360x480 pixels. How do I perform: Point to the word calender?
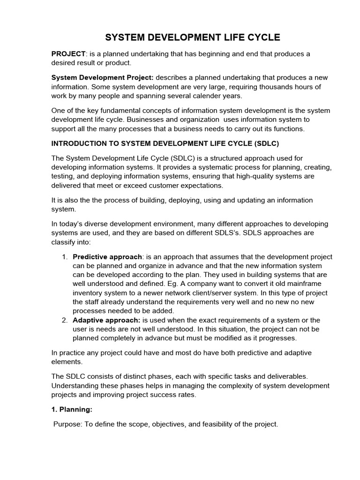(215, 96)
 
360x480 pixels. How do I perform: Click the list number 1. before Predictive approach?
(65, 257)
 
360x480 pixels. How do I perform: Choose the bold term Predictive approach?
(107, 257)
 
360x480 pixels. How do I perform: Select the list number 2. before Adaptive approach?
(65, 320)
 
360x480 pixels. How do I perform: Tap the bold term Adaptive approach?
(107, 320)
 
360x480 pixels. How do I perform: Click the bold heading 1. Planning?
(72, 409)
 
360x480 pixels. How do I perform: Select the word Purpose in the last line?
(67, 424)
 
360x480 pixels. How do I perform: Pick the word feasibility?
(211, 424)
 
